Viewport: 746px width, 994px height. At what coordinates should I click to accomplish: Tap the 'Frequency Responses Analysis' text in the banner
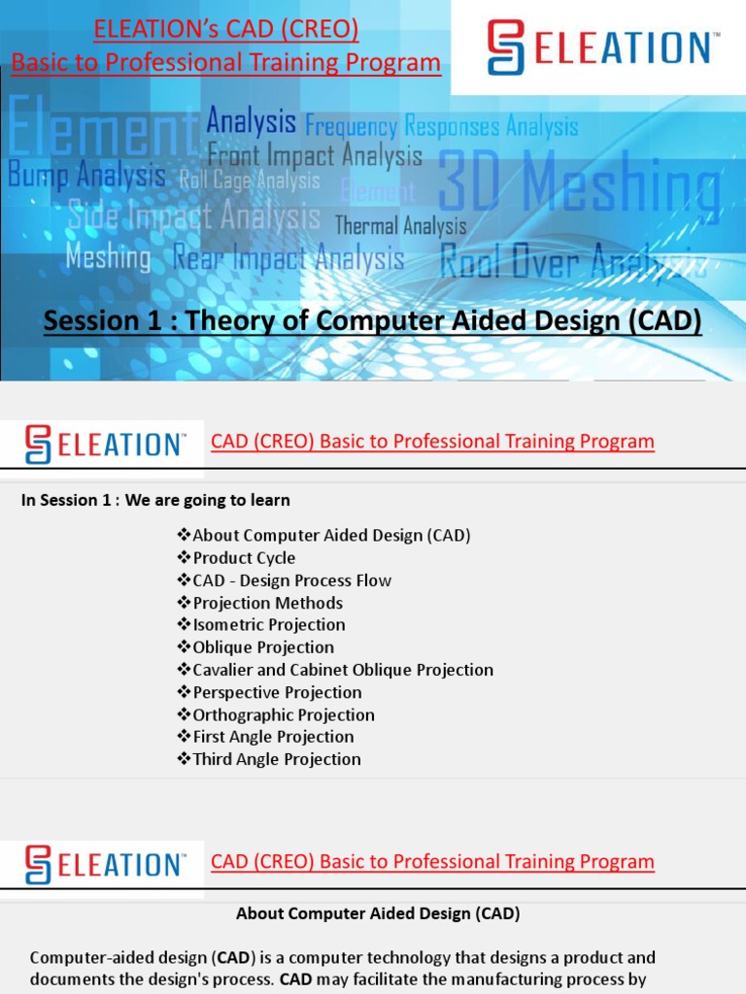(442, 126)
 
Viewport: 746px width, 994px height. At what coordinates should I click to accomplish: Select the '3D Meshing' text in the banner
(580, 186)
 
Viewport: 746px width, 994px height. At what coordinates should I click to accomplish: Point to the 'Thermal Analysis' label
(400, 226)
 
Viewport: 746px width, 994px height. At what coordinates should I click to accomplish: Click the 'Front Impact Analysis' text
(315, 155)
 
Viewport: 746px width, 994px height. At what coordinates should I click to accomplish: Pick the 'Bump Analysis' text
(86, 176)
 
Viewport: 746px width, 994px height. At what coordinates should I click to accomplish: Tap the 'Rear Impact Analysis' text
(288, 258)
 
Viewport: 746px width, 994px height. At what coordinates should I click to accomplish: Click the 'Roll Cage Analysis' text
(250, 181)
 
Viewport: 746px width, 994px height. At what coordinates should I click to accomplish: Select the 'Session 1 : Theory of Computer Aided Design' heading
(372, 320)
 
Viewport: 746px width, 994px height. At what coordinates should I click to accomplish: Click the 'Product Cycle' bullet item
(244, 558)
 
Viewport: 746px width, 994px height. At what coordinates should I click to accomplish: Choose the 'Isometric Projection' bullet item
(268, 625)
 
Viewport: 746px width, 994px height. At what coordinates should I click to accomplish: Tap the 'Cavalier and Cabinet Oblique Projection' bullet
(342, 670)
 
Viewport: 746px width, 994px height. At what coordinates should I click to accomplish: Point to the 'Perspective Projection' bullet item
(277, 692)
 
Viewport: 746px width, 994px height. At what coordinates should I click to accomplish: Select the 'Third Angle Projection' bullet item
(276, 759)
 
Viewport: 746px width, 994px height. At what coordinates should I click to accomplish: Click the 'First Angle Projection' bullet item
(273, 737)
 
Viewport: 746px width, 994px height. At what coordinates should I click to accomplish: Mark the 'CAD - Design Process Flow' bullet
(291, 580)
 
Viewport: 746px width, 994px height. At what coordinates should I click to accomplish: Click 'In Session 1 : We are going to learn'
(155, 501)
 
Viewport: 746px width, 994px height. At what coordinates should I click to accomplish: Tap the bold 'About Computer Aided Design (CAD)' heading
(378, 913)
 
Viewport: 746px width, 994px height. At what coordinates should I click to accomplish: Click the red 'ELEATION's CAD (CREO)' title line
(225, 31)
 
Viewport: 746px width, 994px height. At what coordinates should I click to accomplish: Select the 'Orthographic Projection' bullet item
(283, 714)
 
